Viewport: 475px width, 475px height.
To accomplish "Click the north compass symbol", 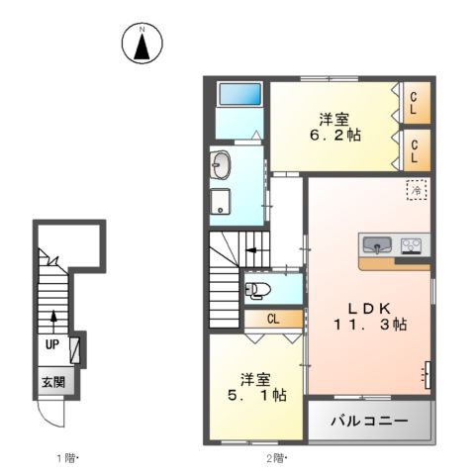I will click(x=142, y=44).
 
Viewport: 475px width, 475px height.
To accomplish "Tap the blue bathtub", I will click(x=239, y=96).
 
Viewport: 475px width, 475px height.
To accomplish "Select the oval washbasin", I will click(x=219, y=164).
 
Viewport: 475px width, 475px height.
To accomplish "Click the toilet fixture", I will click(x=255, y=291).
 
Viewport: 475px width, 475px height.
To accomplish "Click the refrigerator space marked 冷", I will click(x=417, y=188).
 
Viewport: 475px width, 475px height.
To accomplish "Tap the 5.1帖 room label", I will click(x=254, y=387).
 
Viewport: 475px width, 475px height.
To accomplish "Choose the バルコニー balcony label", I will click(x=370, y=421).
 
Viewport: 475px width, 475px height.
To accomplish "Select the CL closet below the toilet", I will click(x=272, y=320).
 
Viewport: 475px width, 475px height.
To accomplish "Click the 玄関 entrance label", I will click(x=52, y=380).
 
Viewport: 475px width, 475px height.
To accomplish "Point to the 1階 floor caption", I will click(x=65, y=457).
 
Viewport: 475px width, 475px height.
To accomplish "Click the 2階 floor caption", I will click(x=275, y=457).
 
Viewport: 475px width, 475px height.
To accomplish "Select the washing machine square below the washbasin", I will click(x=218, y=201).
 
